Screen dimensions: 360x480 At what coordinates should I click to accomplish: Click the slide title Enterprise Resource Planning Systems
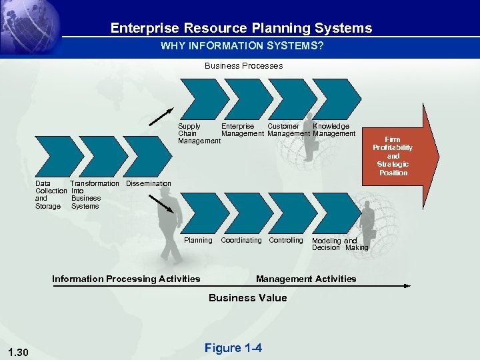coord(241,28)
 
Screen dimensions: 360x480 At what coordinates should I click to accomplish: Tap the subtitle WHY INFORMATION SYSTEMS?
coord(242,46)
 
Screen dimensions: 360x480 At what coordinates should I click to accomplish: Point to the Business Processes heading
coord(243,66)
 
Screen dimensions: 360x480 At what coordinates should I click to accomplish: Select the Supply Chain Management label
coord(198,133)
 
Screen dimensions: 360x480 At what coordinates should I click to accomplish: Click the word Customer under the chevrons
coord(283,126)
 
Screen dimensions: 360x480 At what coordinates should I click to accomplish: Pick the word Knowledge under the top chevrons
coord(331,126)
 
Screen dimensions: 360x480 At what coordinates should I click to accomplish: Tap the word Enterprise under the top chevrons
coord(237,126)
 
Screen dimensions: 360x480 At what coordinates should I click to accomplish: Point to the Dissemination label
coord(148,183)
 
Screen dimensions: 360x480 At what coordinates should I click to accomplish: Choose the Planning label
coord(198,240)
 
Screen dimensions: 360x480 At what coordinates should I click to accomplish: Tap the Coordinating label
coord(241,240)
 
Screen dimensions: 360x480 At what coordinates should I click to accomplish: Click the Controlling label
coord(286,240)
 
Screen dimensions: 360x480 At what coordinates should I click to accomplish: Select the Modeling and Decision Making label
coord(339,244)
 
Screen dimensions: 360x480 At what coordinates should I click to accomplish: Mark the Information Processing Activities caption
coord(126,279)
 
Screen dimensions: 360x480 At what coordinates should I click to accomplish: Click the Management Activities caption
coord(306,279)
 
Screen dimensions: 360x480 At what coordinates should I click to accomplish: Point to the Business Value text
coord(248,298)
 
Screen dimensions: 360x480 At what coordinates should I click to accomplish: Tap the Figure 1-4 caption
coord(233,348)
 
